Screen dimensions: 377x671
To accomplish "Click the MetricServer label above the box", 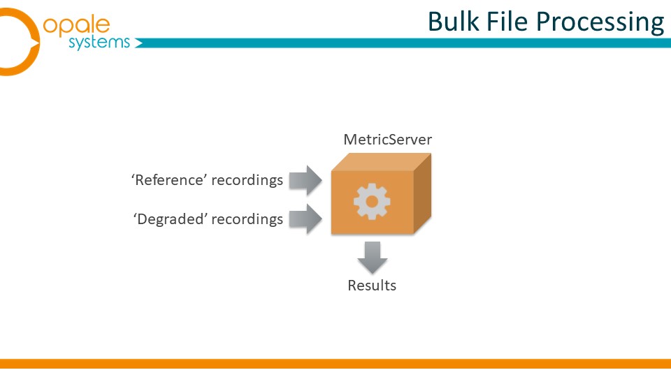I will point(387,140).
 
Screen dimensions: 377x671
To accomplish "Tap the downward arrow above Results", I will point(372,258).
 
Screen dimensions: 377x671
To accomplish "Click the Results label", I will point(372,285).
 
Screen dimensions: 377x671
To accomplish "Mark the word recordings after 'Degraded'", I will point(248,219).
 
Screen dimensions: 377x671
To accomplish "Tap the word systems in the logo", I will point(99,42).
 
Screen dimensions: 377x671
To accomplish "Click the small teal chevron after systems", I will point(138,44).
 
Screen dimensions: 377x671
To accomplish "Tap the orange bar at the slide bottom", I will point(335,363).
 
